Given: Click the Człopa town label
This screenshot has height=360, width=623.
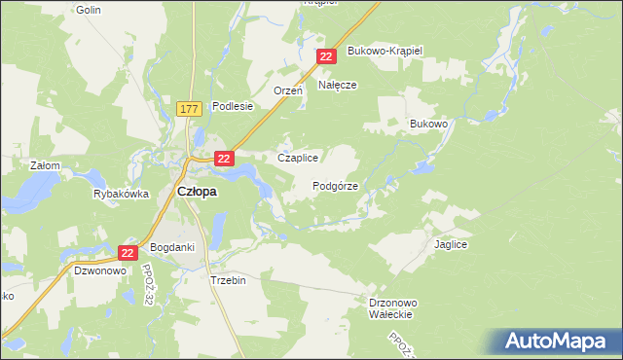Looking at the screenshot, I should tap(197, 192).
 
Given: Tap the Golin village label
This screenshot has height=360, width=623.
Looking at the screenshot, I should tap(88, 9).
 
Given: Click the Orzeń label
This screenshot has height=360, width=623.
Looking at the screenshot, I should tap(288, 90).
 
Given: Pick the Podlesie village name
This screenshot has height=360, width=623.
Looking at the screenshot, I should tap(233, 106).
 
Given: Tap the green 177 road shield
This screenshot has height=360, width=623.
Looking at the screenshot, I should tap(190, 109).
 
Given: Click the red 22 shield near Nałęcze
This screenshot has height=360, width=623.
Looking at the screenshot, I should tap(327, 58).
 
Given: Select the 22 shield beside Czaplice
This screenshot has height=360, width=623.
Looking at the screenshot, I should tap(224, 159).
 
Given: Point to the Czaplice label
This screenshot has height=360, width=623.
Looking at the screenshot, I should tap(299, 158).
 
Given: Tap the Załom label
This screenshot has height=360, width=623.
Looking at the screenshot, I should tap(46, 165).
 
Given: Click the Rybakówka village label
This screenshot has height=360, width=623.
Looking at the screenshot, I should tap(121, 194).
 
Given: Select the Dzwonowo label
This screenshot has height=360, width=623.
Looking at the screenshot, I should tap(100, 271).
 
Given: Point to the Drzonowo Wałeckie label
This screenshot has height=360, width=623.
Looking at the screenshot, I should tap(393, 308).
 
